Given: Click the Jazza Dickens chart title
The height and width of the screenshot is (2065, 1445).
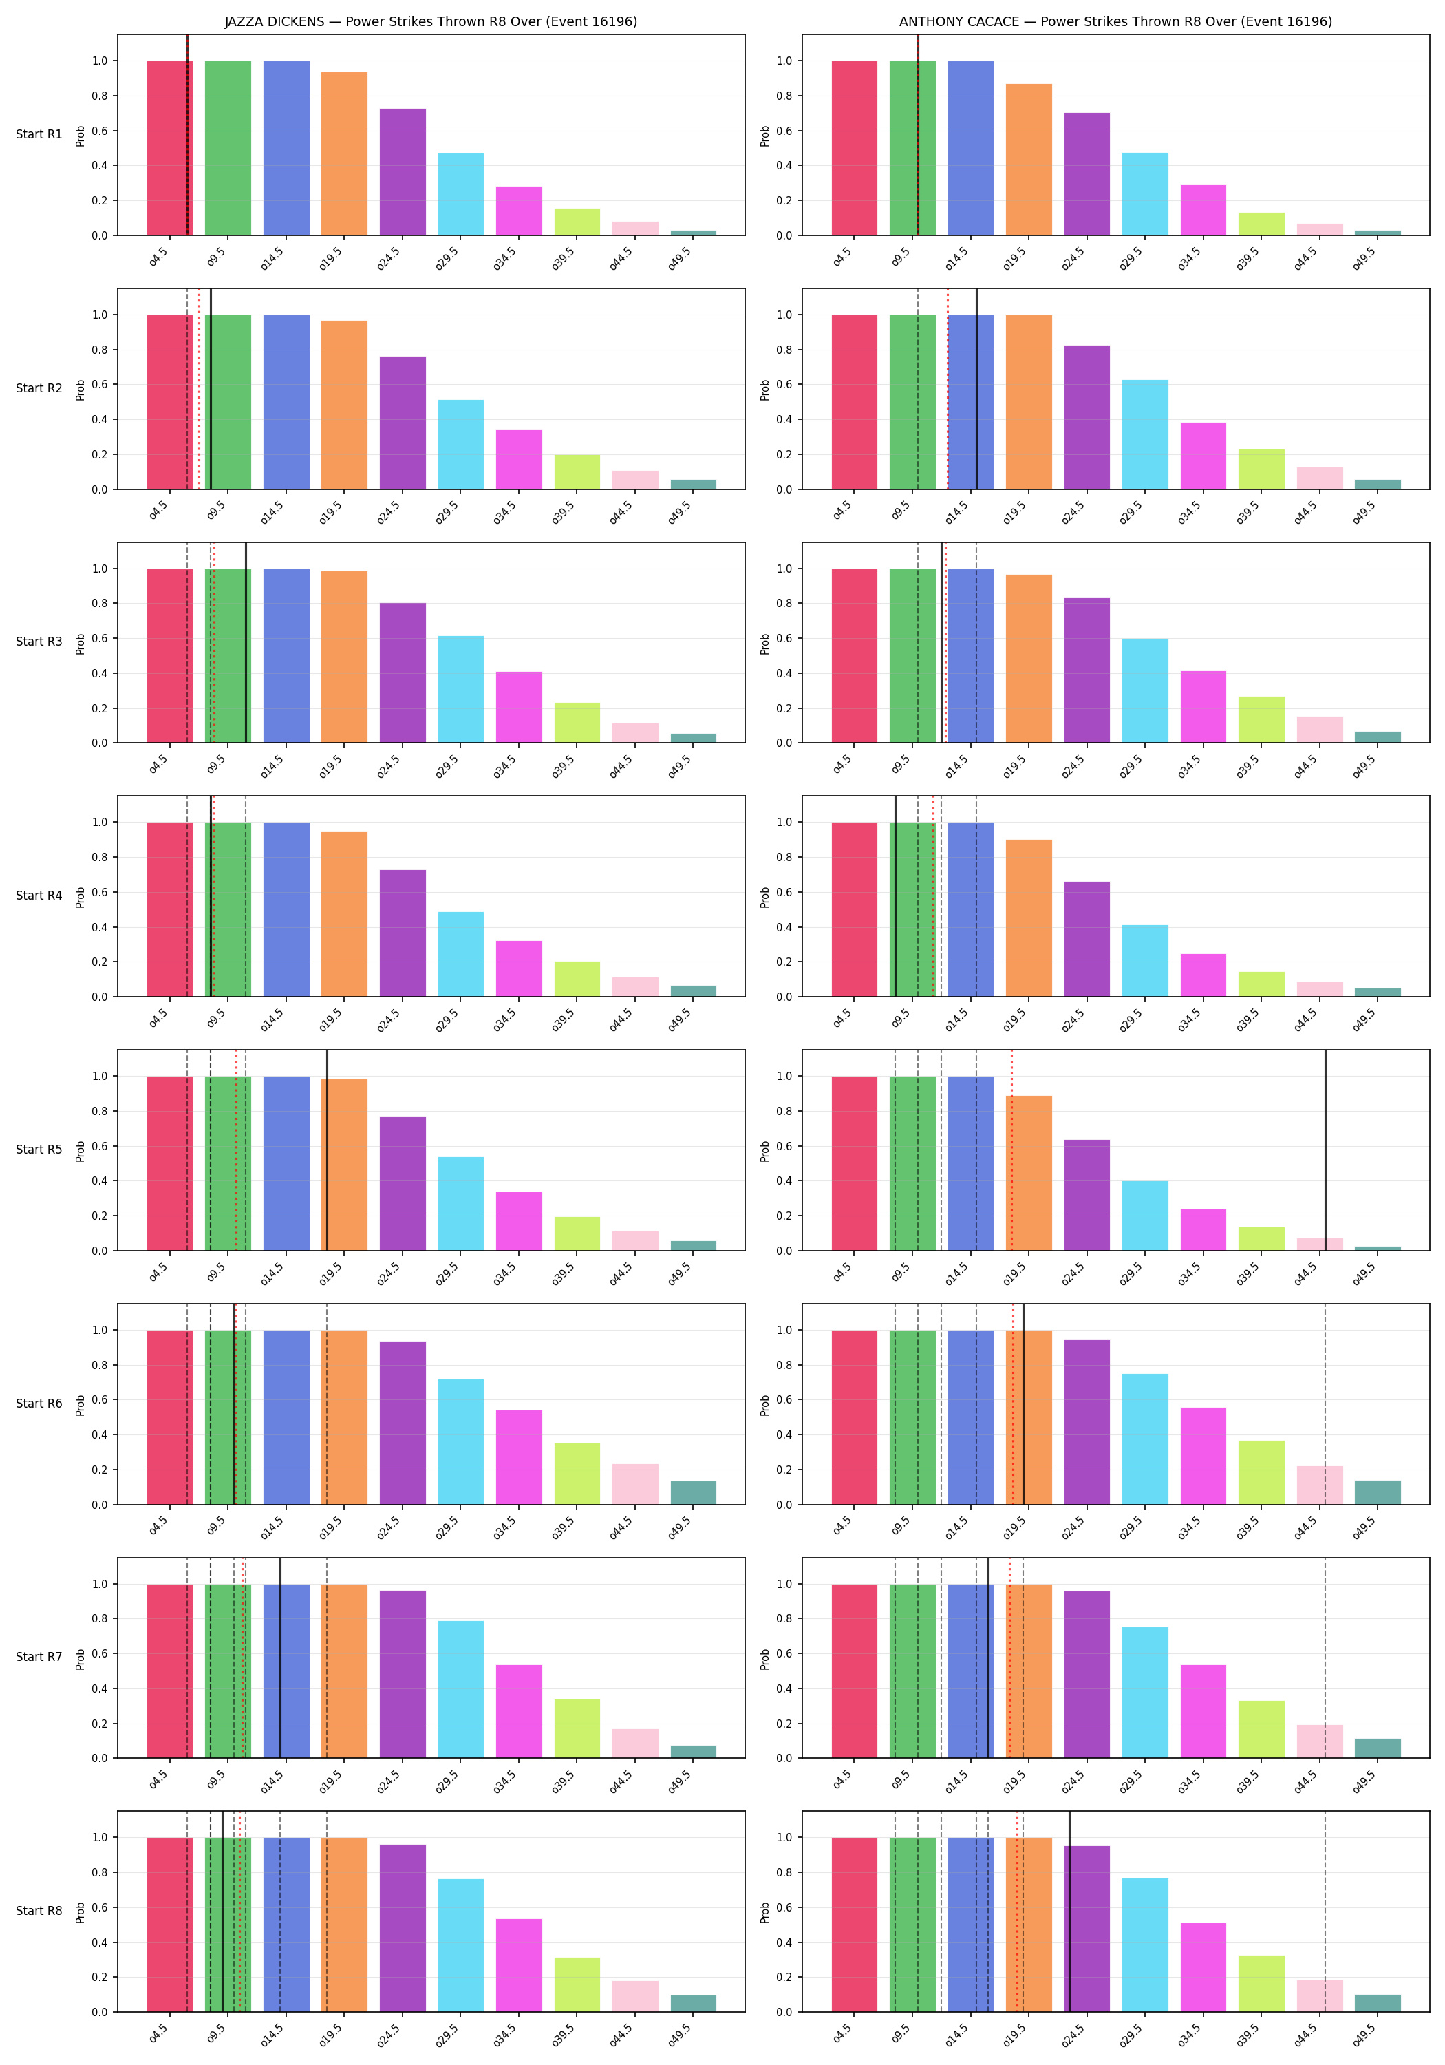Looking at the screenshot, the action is [431, 21].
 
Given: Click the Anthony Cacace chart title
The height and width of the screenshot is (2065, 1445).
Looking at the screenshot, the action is [1115, 21].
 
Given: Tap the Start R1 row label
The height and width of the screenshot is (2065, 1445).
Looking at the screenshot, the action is [39, 135].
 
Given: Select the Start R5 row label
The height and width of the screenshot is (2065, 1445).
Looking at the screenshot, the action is [39, 1150].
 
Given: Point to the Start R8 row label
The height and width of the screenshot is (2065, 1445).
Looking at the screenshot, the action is [39, 1910].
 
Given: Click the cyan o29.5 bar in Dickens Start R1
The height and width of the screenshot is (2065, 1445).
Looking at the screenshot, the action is [460, 194].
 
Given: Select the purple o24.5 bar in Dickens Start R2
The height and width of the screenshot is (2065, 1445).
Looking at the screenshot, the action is [403, 423].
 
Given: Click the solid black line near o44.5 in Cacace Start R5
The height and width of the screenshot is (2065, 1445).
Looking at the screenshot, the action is [1325, 1150].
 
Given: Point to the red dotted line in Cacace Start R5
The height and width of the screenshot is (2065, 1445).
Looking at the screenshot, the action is [1011, 1150].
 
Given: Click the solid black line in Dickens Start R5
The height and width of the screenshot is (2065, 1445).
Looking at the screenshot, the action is [328, 1150].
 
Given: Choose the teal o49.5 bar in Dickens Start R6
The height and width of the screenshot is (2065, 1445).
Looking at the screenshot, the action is [694, 1493].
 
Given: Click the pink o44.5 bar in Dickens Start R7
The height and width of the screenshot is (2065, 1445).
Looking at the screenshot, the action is [635, 1743].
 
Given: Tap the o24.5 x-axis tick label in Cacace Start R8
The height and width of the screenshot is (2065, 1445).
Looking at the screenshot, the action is [1073, 2035].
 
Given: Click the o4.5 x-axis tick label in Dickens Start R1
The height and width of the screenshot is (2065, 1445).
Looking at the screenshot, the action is [158, 257].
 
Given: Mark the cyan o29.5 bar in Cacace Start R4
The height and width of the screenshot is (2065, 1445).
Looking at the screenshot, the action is [1145, 960].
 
